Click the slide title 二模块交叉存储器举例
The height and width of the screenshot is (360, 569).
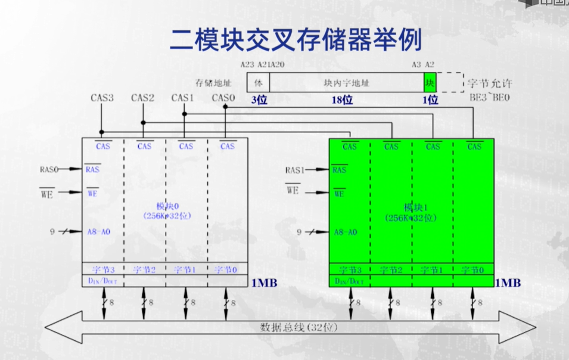coord(296,40)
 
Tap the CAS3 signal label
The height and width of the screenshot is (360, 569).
coord(102,98)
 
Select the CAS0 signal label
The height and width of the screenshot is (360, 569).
coord(224,98)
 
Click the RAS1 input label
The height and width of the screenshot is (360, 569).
coord(295,170)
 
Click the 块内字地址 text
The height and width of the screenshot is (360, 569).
coord(343,83)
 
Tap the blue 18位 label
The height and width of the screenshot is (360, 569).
coord(342,100)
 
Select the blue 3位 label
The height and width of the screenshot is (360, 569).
coord(259,100)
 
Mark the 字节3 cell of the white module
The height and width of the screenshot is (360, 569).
coord(102,270)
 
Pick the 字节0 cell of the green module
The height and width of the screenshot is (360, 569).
coord(474,270)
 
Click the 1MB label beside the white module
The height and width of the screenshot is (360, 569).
coord(264,283)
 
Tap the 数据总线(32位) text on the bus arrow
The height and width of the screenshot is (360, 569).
coord(291,328)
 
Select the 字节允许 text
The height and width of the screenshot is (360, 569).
coord(490,83)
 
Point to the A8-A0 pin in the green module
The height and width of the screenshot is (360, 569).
coord(346,232)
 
